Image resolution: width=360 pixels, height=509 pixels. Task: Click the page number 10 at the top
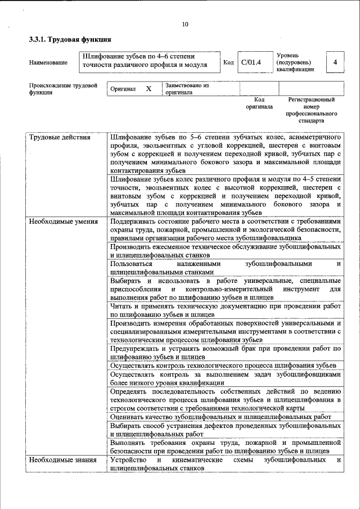[x=185, y=24]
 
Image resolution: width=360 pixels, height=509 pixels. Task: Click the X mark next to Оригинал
[x=148, y=89]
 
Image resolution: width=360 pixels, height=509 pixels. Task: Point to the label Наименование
[x=48, y=62]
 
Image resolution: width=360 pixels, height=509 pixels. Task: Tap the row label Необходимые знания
[x=60, y=460]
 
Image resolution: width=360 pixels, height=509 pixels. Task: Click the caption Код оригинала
[x=259, y=103]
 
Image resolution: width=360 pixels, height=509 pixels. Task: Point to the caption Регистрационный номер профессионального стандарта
[x=311, y=110]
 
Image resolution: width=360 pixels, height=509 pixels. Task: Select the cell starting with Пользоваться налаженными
[x=226, y=267]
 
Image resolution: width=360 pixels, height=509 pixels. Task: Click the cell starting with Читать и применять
[x=226, y=310]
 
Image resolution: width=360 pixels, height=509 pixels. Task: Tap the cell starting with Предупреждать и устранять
[x=226, y=353]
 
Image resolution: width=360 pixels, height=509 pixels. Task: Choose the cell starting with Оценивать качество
[x=226, y=417]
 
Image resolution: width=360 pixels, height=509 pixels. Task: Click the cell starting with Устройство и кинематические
[x=226, y=464]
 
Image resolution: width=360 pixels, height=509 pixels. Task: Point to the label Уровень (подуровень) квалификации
[x=295, y=62]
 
